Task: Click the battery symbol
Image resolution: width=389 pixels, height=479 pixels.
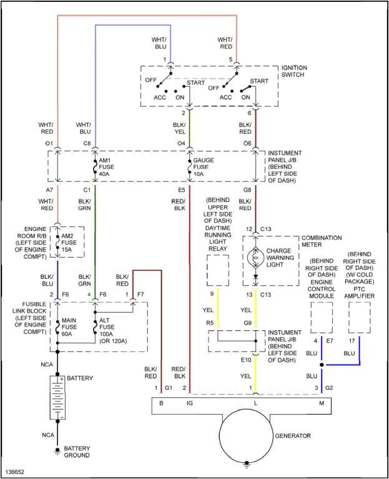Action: point(57,398)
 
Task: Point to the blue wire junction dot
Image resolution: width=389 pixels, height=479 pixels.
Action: point(322,365)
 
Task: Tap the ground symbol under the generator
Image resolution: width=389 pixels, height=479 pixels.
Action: point(247,465)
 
